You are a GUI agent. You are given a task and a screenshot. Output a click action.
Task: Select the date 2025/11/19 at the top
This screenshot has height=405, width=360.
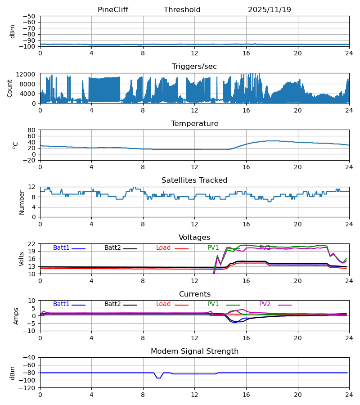[x=269, y=10]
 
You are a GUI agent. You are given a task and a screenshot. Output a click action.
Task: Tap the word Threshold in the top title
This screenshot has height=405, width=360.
[x=182, y=10]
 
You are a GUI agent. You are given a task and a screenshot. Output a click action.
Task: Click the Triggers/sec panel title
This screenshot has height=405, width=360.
[x=194, y=67]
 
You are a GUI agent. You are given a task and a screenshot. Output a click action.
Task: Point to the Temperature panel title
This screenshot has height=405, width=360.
[x=194, y=124]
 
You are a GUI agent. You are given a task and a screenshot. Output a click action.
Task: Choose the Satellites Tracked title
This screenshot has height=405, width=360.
[x=194, y=180]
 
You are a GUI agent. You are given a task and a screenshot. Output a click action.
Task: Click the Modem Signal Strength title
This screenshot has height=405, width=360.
[x=194, y=351]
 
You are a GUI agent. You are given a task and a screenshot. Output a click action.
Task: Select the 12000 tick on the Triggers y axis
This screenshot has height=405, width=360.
[x=28, y=74]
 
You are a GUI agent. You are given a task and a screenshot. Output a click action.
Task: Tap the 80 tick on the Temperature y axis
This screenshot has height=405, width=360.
[x=31, y=130]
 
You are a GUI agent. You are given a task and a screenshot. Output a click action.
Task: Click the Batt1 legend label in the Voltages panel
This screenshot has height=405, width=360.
[x=61, y=248]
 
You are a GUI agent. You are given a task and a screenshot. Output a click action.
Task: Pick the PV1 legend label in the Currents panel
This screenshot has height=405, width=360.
[x=213, y=304]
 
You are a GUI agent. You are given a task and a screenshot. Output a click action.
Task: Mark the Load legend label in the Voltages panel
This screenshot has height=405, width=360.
[x=163, y=248]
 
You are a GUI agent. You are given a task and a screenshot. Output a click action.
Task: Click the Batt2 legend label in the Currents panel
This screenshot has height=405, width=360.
[x=112, y=304]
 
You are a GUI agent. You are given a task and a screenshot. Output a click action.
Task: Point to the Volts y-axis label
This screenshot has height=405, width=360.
[x=21, y=259]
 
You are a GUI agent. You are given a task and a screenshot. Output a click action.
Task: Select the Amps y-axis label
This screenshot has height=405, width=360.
[x=16, y=316]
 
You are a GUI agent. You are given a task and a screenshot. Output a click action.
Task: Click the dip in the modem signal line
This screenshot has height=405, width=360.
[x=158, y=378]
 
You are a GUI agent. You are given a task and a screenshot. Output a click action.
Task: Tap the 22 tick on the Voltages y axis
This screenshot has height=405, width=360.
[x=31, y=244]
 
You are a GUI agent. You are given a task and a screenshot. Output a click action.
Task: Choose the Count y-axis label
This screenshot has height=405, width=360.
[x=10, y=88]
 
